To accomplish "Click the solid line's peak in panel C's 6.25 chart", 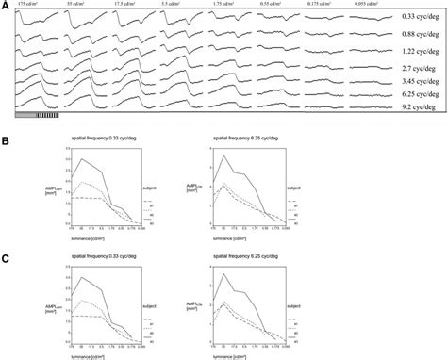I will (223, 275).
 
